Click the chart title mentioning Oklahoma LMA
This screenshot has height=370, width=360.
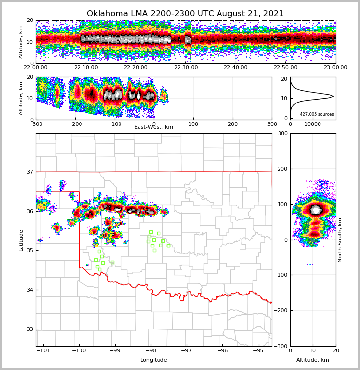coord(185,14)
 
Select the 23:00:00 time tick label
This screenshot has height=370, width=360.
coord(335,68)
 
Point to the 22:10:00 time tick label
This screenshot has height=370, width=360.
coord(85,68)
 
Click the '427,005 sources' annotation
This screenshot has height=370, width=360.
coord(317,114)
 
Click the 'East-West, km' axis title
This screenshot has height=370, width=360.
coord(153,127)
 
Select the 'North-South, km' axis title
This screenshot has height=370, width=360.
coord(340,240)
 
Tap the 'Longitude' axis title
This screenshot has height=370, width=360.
coord(153,360)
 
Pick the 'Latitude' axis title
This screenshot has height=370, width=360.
coord(21,240)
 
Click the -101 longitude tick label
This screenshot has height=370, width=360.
coord(43,351)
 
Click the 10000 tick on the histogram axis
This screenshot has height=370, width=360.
coord(313,124)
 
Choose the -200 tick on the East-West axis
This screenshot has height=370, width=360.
coord(75,124)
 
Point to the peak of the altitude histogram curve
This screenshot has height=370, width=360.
coord(333,97)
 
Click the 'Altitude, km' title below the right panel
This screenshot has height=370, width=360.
coord(313,360)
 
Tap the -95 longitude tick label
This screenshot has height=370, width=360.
coord(258,351)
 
